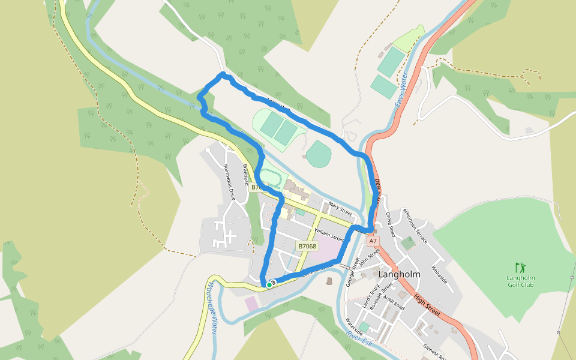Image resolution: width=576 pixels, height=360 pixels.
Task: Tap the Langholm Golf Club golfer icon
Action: (519, 266)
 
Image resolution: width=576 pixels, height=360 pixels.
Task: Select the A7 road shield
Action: (373, 241)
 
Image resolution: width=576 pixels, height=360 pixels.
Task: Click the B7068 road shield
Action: (307, 246)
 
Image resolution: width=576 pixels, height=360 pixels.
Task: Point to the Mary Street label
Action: (340, 209)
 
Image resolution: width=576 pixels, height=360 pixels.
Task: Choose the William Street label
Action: (328, 235)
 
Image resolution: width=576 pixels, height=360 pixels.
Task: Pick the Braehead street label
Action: (246, 175)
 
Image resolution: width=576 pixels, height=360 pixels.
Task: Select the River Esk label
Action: (359, 337)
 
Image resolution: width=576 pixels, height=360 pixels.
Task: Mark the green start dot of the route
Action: (269, 286)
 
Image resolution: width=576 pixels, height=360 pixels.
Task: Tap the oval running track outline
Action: (269, 178)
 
